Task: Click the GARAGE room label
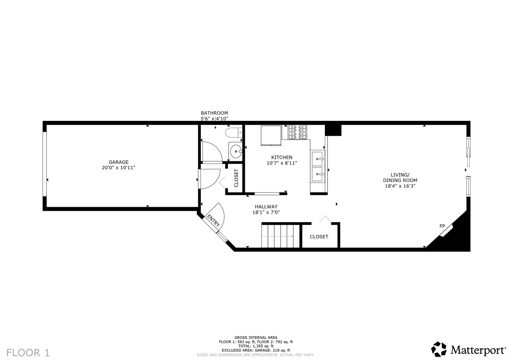click(x=118, y=162)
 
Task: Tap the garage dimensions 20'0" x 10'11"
click(x=118, y=168)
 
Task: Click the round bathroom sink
click(x=235, y=151)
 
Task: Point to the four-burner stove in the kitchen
click(x=297, y=132)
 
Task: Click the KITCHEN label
click(x=282, y=157)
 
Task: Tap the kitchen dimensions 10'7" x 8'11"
click(x=282, y=163)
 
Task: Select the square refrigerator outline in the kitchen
click(x=271, y=135)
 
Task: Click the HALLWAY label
click(x=266, y=206)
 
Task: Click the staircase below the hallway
click(x=281, y=236)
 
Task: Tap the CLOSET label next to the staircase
click(x=319, y=237)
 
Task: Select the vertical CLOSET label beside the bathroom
click(x=236, y=178)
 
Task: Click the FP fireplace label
click(x=442, y=226)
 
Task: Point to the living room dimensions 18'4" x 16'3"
click(x=400, y=186)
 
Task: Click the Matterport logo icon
click(x=439, y=349)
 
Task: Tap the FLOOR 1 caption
click(x=28, y=353)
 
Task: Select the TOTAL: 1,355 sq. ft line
click(x=256, y=346)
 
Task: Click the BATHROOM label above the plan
click(x=214, y=113)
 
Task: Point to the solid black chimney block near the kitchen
click(x=333, y=130)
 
